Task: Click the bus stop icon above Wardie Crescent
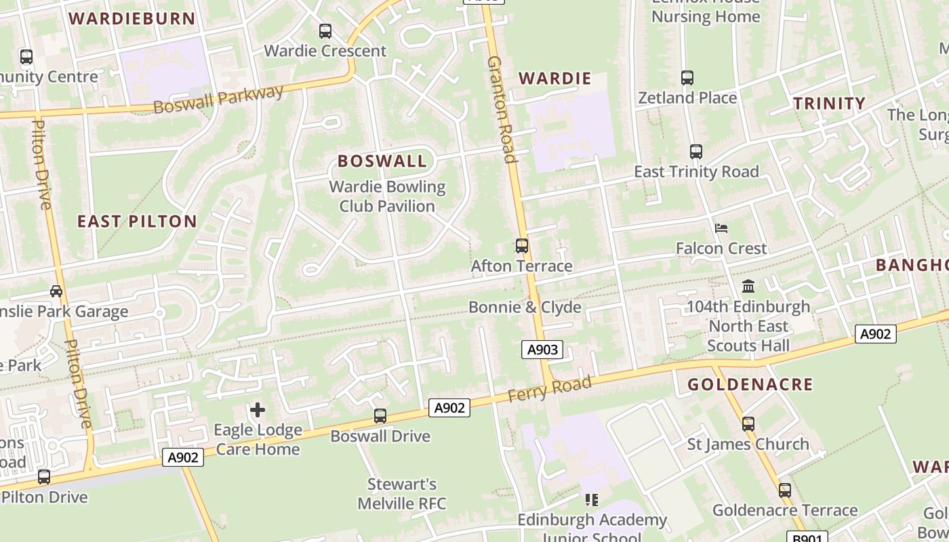click(x=325, y=30)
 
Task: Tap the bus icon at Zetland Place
click(x=687, y=78)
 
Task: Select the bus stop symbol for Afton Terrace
click(x=522, y=246)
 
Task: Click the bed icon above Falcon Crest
click(x=721, y=228)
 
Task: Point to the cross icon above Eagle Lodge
click(x=258, y=409)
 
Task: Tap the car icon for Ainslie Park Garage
click(x=56, y=291)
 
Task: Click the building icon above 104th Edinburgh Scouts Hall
click(x=748, y=286)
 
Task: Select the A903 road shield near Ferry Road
click(x=542, y=350)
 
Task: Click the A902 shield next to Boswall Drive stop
click(x=449, y=408)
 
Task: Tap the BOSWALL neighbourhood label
click(x=382, y=161)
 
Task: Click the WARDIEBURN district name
click(x=132, y=18)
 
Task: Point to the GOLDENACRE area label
click(x=750, y=385)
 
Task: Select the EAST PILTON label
click(x=137, y=222)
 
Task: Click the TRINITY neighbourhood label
click(x=829, y=104)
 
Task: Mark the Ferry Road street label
click(x=550, y=388)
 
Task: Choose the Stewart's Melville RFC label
click(x=402, y=494)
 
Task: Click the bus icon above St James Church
click(x=748, y=424)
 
